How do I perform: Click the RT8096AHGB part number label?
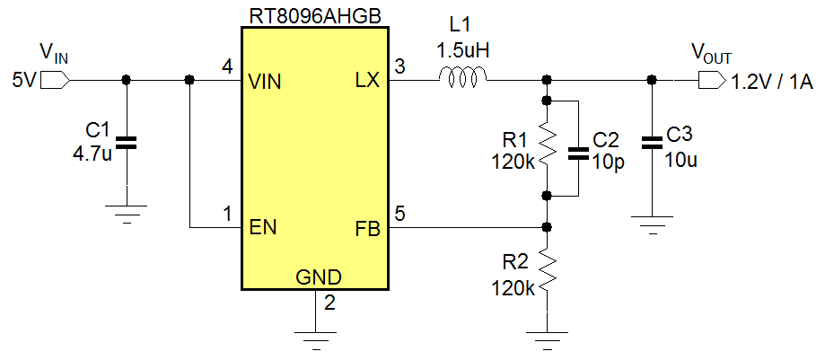tap(313, 14)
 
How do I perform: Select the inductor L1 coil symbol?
tap(463, 80)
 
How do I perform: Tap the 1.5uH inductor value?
tap(462, 51)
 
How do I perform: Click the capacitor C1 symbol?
tap(127, 141)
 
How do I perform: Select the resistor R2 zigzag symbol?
tap(547, 275)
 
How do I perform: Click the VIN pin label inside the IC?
tap(265, 82)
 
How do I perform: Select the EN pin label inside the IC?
tap(262, 227)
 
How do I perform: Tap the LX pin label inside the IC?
tap(367, 82)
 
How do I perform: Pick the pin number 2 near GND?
tap(329, 303)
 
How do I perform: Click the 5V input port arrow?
tap(54, 81)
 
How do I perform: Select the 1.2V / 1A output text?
tap(771, 83)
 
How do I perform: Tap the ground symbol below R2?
tap(547, 338)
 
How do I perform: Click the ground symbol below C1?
tap(127, 212)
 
